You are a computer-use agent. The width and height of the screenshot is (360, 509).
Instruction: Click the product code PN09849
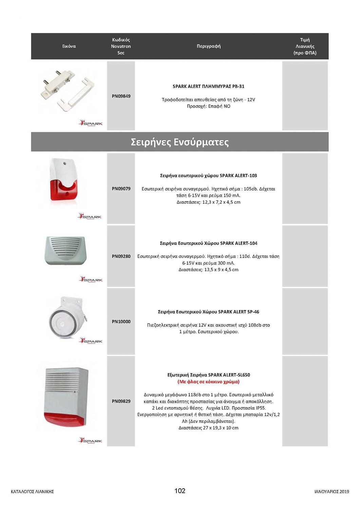coord(121,96)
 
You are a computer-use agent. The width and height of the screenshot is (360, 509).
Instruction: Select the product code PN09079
coord(121,189)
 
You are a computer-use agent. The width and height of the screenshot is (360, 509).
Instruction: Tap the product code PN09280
coord(121,256)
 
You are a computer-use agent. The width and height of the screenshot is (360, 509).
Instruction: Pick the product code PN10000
coord(121,321)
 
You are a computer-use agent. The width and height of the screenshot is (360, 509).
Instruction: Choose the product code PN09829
coord(121,401)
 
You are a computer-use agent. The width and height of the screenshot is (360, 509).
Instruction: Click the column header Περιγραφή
coord(209,46)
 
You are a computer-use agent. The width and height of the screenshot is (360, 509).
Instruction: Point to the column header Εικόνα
coord(69,46)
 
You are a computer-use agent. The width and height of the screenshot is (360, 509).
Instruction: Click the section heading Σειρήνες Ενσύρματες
coord(180,142)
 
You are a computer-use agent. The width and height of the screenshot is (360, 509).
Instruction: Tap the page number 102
coord(180,491)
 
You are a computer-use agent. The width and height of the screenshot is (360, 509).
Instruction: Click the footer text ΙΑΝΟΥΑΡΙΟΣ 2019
coord(331,491)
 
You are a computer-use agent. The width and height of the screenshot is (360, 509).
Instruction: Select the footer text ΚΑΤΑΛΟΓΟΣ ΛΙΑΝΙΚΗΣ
coord(32,491)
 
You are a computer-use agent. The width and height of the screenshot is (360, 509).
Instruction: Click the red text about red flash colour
coord(208,382)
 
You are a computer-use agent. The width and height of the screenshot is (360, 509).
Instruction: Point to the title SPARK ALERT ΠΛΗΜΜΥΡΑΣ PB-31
coord(208,87)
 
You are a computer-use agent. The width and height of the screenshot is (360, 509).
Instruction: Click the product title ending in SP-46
coord(208,312)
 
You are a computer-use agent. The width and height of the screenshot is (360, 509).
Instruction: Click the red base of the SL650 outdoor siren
coord(64,419)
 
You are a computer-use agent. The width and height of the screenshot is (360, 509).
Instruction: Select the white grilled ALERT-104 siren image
coord(65,250)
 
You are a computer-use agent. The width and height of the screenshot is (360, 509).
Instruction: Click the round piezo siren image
coord(66,319)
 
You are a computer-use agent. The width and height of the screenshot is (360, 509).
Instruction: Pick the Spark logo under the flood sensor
coord(91,123)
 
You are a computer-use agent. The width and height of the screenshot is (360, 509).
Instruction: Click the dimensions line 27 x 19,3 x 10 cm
coord(208,428)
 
